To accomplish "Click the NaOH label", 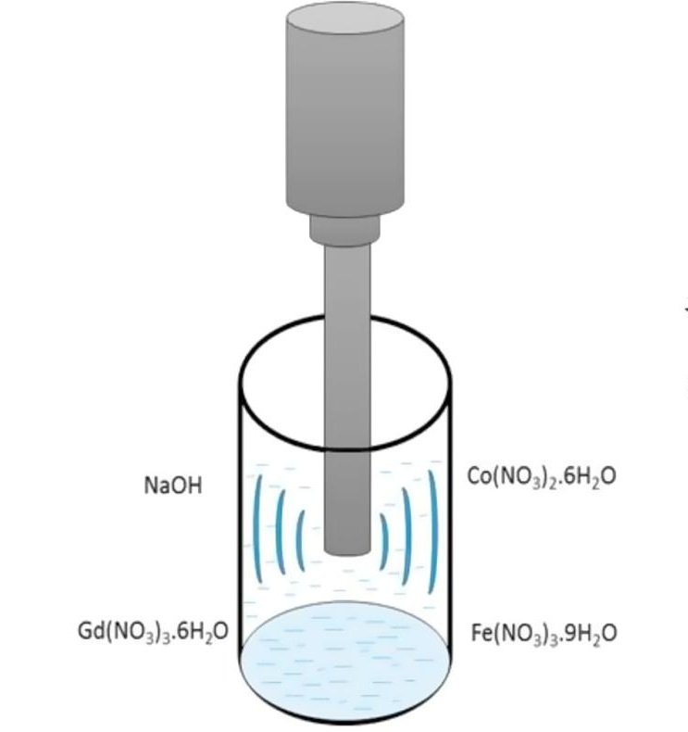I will pyautogui.click(x=172, y=486).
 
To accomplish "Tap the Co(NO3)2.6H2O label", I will pyautogui.click(x=542, y=476).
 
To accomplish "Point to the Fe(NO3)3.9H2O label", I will pyautogui.click(x=544, y=633).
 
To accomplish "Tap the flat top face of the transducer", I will pyautogui.click(x=345, y=20).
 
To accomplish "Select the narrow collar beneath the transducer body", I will pyautogui.click(x=345, y=228).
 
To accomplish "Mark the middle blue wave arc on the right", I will pyautogui.click(x=407, y=532).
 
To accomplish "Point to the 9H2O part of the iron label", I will pyautogui.click(x=592, y=634).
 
